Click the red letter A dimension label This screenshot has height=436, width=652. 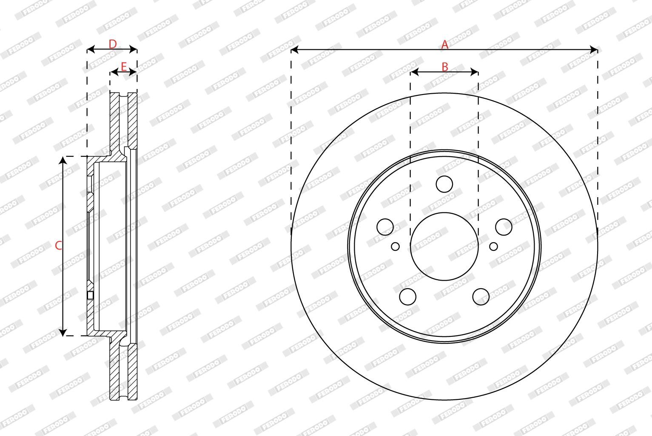[444, 45]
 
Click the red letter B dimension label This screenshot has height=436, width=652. [445, 67]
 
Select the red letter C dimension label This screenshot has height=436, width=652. [59, 246]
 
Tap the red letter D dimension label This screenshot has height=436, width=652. [113, 44]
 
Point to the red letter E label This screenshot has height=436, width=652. [124, 67]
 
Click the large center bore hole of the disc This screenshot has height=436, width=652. [444, 246]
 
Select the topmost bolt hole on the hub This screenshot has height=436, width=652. [444, 184]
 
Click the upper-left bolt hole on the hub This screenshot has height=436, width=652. [385, 227]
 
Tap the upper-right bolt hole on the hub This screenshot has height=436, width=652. [504, 227]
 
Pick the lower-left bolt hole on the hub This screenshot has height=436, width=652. [408, 297]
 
